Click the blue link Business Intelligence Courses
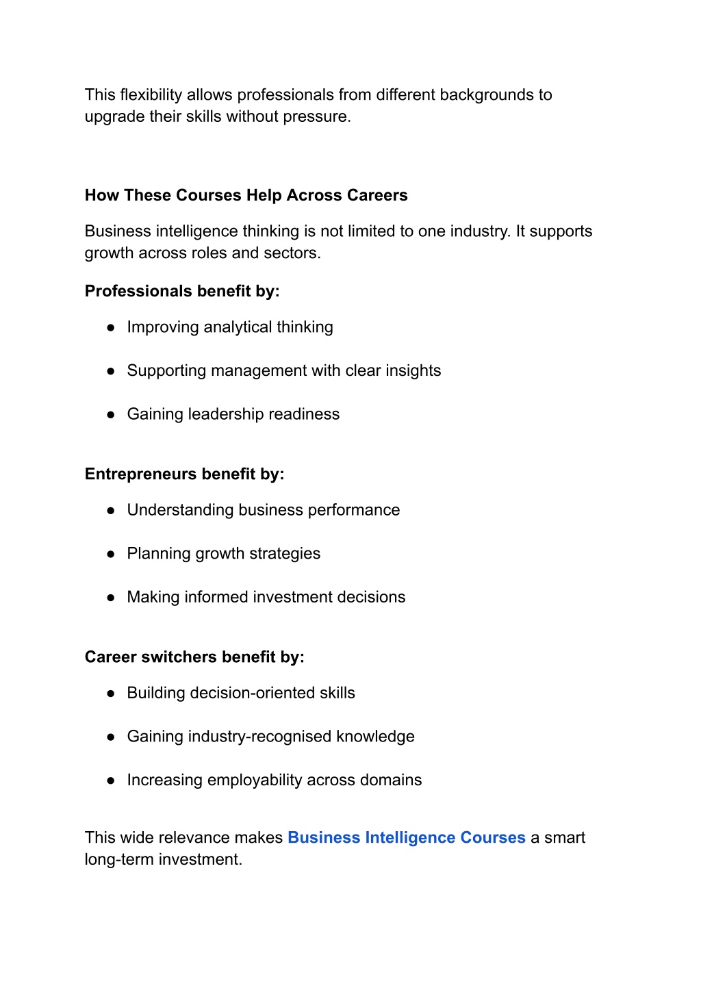406,837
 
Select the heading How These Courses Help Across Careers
246,195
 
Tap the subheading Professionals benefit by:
182,291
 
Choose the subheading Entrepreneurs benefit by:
184,474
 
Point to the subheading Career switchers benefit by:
194,657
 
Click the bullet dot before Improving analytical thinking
110,327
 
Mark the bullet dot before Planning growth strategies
110,554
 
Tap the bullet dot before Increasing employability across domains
110,780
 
